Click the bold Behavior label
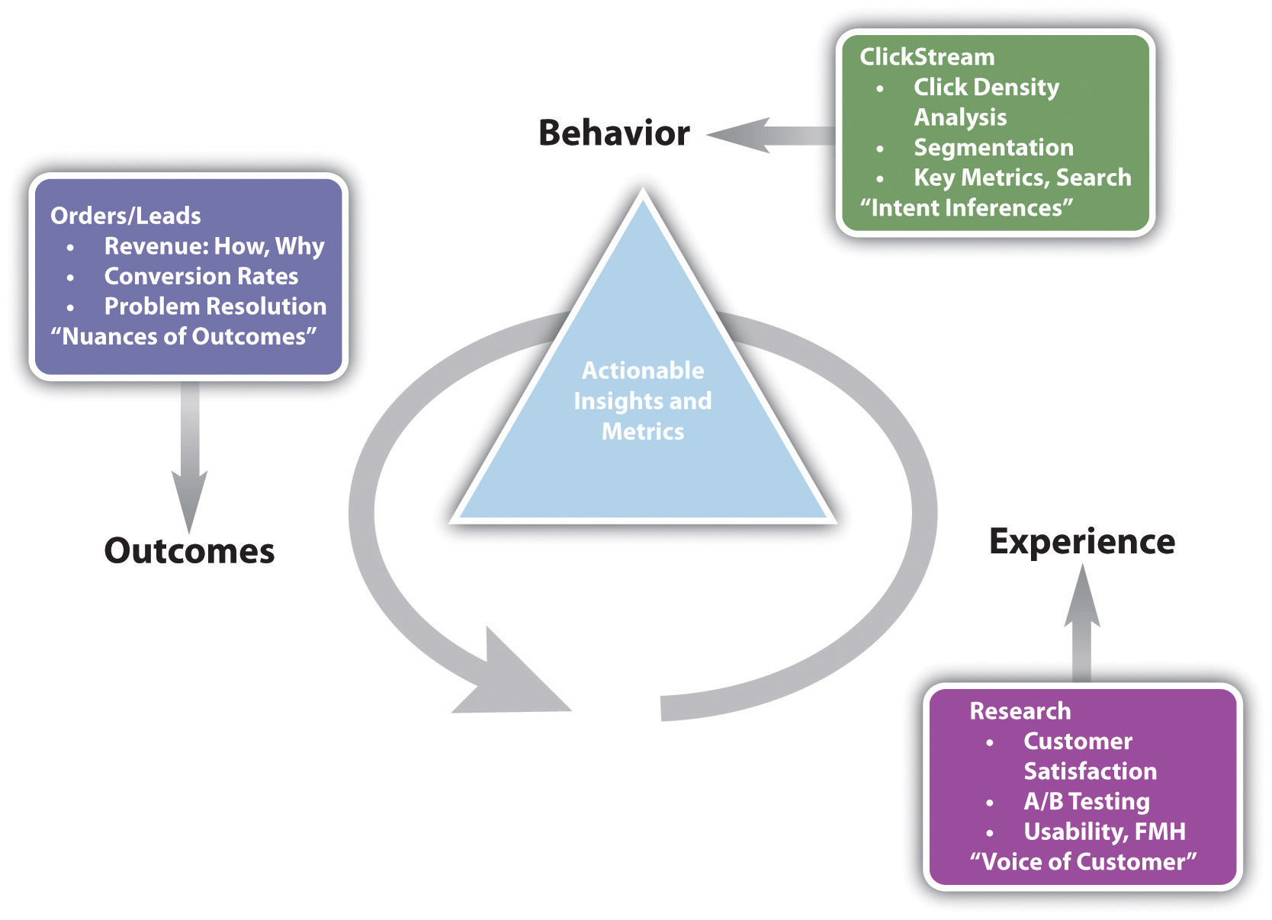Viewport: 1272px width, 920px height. (614, 133)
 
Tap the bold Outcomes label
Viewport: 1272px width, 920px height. (189, 550)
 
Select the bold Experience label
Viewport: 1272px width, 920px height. (1082, 543)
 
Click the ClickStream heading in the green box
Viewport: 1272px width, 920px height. (927, 56)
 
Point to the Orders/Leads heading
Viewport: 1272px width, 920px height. (126, 216)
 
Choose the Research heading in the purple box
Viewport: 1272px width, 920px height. (1020, 711)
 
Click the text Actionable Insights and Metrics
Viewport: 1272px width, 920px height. (643, 401)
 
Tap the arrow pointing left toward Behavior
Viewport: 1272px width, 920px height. (770, 135)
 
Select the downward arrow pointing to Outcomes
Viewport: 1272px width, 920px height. (190, 457)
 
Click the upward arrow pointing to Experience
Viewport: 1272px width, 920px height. (1082, 623)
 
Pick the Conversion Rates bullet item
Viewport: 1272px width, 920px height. (201, 277)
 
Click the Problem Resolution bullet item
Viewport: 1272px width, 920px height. (215, 306)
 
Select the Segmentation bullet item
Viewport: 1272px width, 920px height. (994, 148)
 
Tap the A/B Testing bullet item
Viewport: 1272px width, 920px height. (1087, 801)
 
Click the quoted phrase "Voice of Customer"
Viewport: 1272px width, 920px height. (1083, 861)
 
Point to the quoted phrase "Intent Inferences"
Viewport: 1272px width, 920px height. (966, 208)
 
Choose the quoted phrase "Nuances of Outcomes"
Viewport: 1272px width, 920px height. (184, 337)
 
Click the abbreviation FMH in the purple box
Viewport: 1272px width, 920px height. (1161, 832)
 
